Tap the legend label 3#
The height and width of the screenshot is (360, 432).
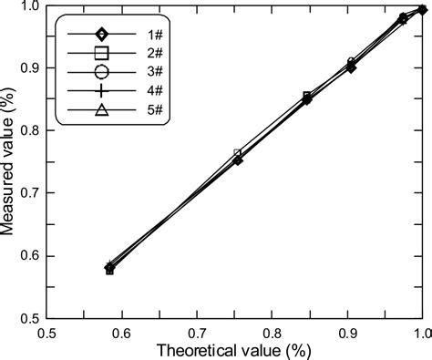tap(133, 73)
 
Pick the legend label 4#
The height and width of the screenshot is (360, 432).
tap(133, 92)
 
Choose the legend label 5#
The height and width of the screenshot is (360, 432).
tap(133, 111)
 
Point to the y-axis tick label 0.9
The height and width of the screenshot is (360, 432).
tap(29, 67)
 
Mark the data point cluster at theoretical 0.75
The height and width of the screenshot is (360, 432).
tap(238, 157)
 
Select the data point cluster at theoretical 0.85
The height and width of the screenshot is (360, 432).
tap(307, 98)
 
